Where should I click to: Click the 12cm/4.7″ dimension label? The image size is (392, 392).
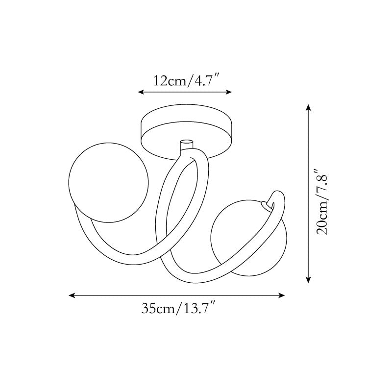tap(186, 80)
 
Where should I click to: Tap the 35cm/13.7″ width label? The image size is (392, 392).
tap(178, 308)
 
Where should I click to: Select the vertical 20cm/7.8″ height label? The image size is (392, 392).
tap(321, 202)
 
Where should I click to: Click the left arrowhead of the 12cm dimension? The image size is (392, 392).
tap(141, 92)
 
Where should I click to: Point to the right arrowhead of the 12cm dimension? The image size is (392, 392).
tap(229, 92)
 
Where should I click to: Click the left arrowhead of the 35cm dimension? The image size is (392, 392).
tap(72, 295)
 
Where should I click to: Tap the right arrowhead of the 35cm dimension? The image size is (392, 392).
tap(282, 295)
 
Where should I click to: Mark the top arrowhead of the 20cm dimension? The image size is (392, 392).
tap(309, 107)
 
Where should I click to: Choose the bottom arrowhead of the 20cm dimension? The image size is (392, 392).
tap(309, 280)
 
